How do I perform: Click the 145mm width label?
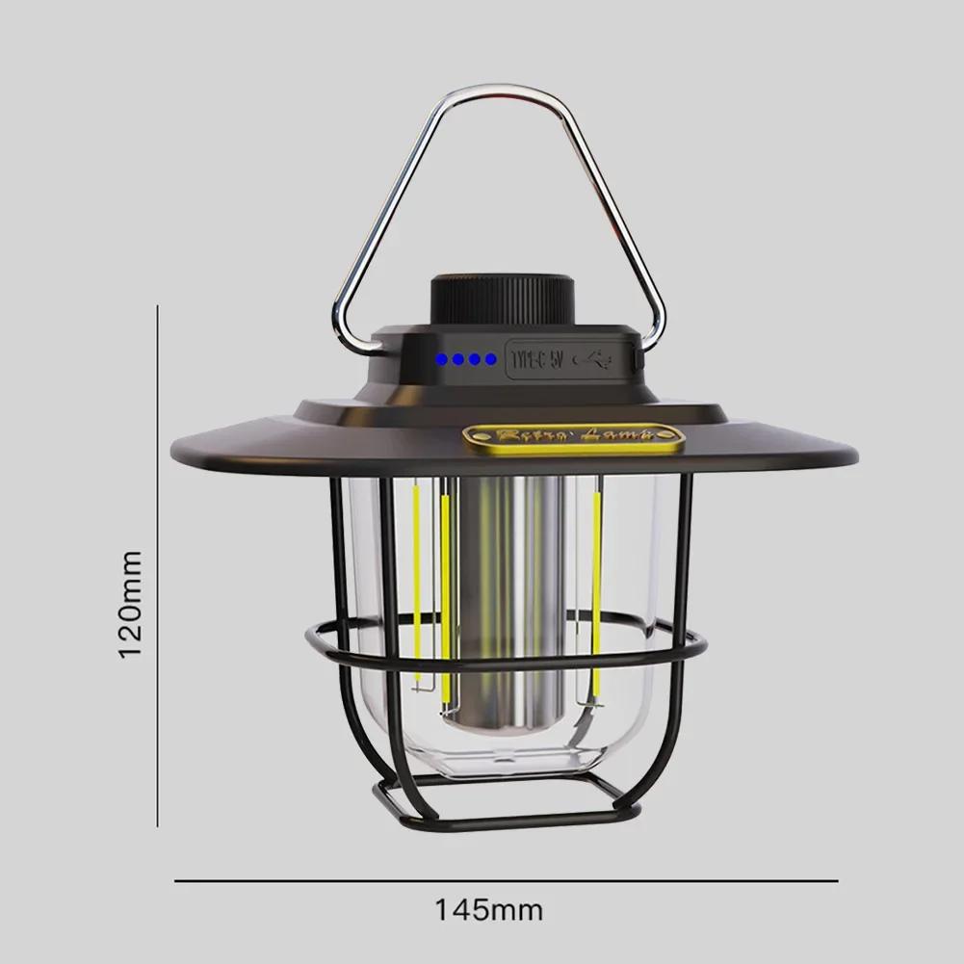pos(488,909)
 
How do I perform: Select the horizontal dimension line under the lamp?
pos(506,880)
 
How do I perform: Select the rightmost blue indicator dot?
pos(491,359)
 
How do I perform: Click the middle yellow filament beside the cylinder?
pos(446,597)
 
